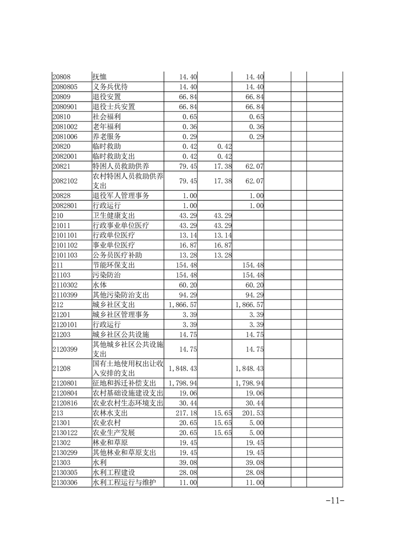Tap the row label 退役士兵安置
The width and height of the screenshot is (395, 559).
pyautogui.click(x=114, y=107)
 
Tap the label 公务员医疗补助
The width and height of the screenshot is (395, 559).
pyautogui.click(x=117, y=255)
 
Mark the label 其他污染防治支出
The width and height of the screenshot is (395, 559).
pyautogui.click(x=121, y=294)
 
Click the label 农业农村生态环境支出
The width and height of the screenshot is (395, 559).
pyautogui.click(x=128, y=403)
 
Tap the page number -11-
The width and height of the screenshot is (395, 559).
pyautogui.click(x=335, y=501)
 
